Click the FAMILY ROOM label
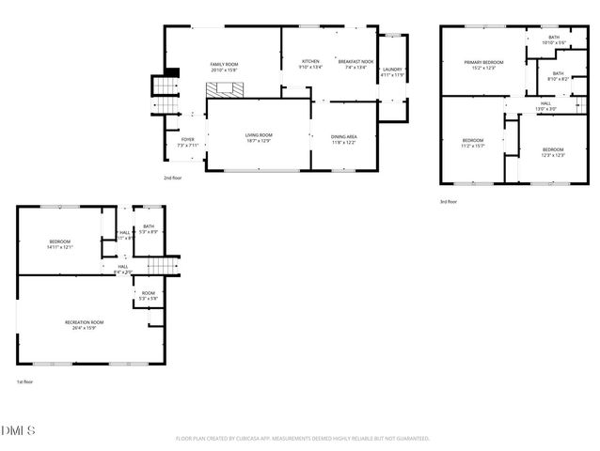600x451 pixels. point(223,66)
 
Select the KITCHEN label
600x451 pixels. point(310,63)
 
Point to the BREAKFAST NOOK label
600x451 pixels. point(355,63)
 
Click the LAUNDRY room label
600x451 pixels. point(392,70)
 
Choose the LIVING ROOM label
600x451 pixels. point(259,137)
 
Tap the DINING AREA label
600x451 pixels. point(343,137)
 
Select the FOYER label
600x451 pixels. point(187,142)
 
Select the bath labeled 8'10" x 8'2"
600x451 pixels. point(558,76)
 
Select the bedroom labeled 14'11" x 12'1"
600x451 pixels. point(60,244)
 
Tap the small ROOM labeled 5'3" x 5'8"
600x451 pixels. point(149,295)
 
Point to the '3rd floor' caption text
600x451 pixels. point(449,201)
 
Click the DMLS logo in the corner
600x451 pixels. point(18,431)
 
